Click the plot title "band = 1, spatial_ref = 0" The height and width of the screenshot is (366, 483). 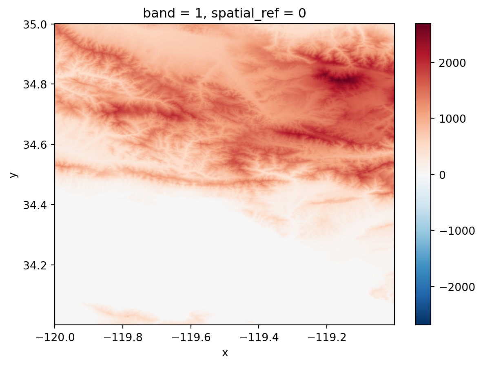pos(224,13)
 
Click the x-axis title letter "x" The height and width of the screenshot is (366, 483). pos(225,353)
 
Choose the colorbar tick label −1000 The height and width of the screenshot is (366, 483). pos(453,231)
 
